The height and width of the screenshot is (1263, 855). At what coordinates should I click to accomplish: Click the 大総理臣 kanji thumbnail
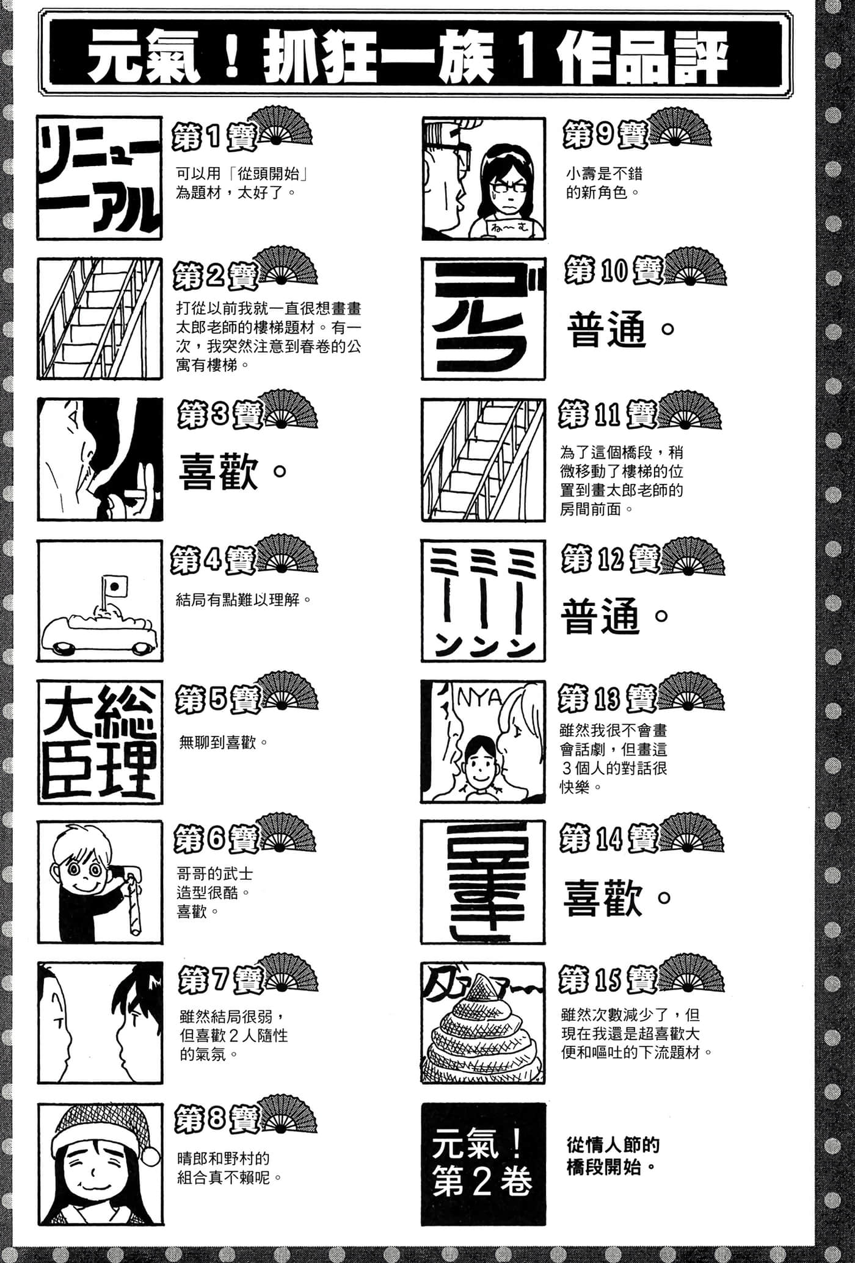tap(100, 741)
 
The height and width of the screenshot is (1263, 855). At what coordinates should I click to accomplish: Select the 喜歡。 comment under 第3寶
tap(233, 473)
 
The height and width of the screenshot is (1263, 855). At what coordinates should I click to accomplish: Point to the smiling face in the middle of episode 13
tap(480, 766)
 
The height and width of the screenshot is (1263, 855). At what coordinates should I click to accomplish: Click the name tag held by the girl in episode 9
tap(505, 228)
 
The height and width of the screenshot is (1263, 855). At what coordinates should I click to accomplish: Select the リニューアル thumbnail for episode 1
tap(100, 178)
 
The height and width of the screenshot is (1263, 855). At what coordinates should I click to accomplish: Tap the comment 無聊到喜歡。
tap(224, 743)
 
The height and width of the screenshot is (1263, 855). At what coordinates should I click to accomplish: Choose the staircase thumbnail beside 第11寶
tap(483, 460)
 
